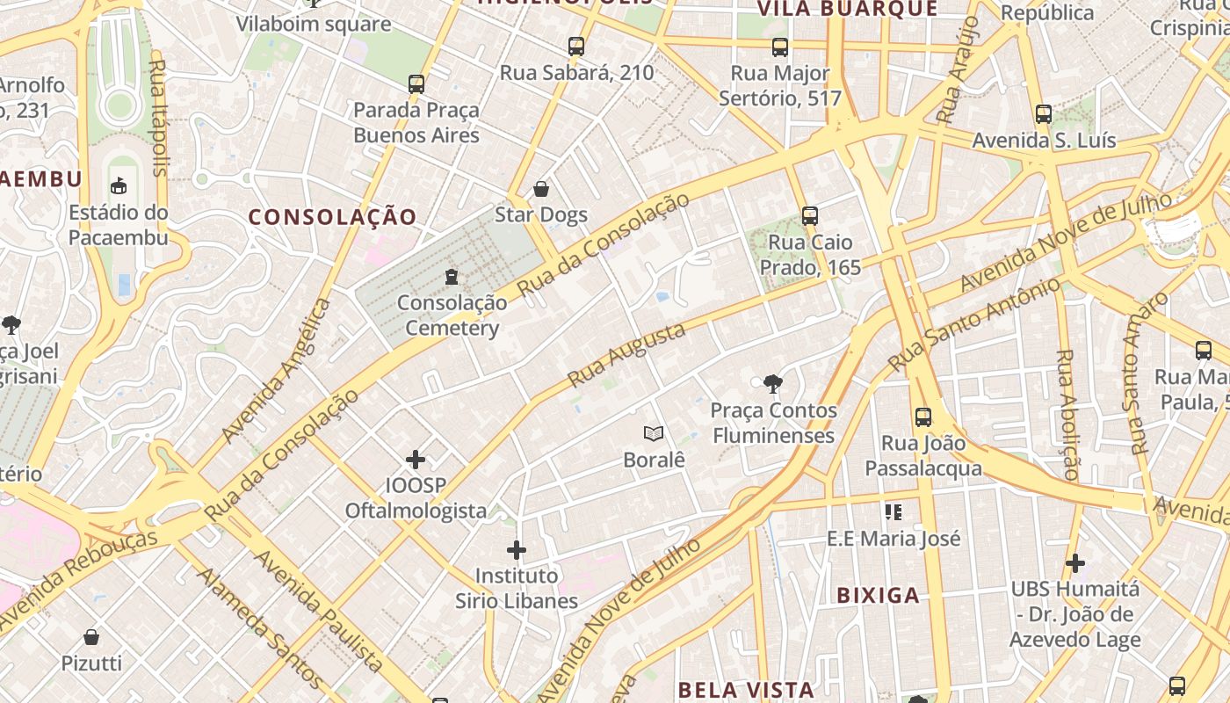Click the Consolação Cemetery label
click(452, 315)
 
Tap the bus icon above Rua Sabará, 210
click(576, 47)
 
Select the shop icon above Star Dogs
click(541, 189)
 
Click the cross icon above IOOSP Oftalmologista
click(416, 460)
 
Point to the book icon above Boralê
click(653, 433)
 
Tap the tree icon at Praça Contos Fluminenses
click(773, 383)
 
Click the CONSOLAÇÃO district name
click(332, 217)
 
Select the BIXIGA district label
click(878, 595)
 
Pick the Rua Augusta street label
click(626, 355)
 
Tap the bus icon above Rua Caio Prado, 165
click(809, 215)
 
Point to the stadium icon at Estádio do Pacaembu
click(119, 185)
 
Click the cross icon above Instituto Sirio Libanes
click(517, 551)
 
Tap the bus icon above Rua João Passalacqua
click(922, 417)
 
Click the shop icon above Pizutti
click(91, 637)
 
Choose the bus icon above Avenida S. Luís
click(1043, 114)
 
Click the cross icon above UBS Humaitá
click(1074, 562)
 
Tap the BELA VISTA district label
click(746, 689)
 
